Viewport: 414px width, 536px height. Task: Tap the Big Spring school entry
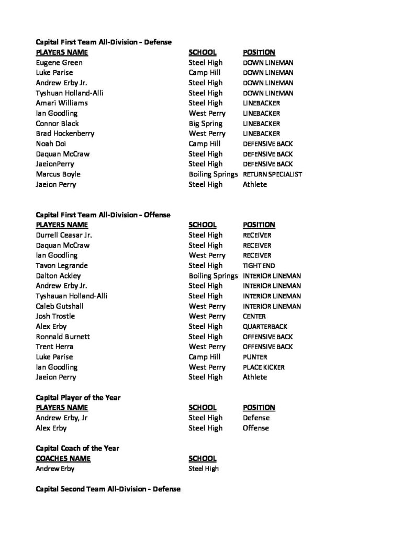point(205,124)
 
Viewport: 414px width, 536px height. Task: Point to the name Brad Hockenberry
point(65,133)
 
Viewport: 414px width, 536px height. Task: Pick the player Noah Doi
point(51,143)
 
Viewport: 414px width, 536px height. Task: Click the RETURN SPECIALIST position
point(272,174)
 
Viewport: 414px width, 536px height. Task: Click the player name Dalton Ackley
point(58,275)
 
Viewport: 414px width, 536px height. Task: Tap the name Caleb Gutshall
point(60,306)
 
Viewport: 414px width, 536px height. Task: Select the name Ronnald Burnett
point(63,337)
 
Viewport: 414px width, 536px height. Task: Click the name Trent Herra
point(54,347)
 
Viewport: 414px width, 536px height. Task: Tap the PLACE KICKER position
point(264,367)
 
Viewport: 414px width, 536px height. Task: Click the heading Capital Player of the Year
point(78,397)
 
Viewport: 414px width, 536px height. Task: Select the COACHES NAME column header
point(63,459)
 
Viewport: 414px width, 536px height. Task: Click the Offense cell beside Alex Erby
point(256,428)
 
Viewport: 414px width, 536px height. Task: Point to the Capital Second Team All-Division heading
point(108,489)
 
